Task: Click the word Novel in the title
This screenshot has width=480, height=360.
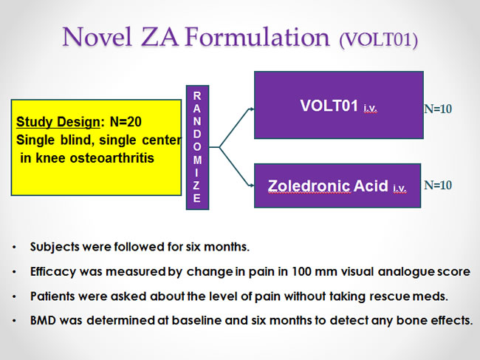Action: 97,36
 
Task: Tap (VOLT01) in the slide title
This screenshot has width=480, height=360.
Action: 378,39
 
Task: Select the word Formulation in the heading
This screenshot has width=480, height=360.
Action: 258,36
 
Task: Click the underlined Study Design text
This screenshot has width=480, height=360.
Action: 58,122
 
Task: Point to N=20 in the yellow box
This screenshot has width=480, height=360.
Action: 126,122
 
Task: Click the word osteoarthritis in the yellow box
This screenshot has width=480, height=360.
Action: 112,158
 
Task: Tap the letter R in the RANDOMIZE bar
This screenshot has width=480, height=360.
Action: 197,96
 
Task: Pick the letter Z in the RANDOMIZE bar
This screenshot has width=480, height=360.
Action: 196,185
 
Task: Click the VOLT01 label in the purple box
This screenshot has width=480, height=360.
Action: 329,106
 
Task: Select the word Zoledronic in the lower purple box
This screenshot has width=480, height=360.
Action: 309,186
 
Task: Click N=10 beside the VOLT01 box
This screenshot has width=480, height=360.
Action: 438,109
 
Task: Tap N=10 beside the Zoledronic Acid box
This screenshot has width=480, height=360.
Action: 438,185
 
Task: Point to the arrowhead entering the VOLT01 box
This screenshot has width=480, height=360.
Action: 252,109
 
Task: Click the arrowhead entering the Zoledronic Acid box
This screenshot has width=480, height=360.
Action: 252,185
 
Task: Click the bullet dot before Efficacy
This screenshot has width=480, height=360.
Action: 14,272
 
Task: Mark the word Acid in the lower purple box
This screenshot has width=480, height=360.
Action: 371,186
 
